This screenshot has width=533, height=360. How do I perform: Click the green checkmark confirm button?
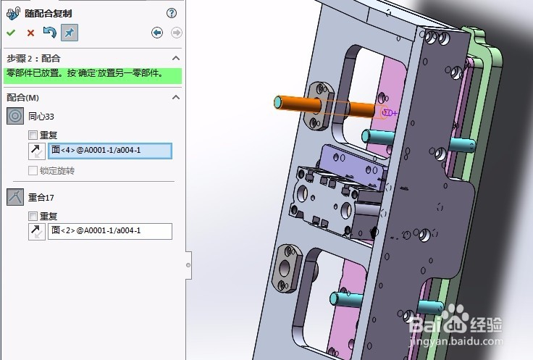[11, 33]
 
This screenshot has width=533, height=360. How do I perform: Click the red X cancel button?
[30, 33]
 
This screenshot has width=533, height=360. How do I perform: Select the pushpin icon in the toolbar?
[70, 33]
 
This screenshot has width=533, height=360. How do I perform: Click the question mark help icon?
[172, 13]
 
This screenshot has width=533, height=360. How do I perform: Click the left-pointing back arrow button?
[157, 33]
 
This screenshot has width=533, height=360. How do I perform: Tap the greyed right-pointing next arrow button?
[176, 33]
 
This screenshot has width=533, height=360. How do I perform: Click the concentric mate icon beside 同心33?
[15, 116]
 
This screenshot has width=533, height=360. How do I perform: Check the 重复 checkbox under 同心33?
[33, 135]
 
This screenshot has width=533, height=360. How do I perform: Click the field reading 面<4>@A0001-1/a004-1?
[109, 151]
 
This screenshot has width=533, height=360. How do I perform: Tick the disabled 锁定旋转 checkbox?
[33, 171]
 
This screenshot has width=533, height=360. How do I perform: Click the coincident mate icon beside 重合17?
[15, 196]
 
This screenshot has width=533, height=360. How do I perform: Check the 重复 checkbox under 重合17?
[33, 216]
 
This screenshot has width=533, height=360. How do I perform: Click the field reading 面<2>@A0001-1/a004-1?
[109, 231]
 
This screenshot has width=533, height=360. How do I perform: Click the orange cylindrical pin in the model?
[293, 103]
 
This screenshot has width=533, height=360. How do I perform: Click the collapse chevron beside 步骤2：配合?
[175, 58]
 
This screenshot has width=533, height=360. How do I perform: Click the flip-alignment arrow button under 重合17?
[35, 231]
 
